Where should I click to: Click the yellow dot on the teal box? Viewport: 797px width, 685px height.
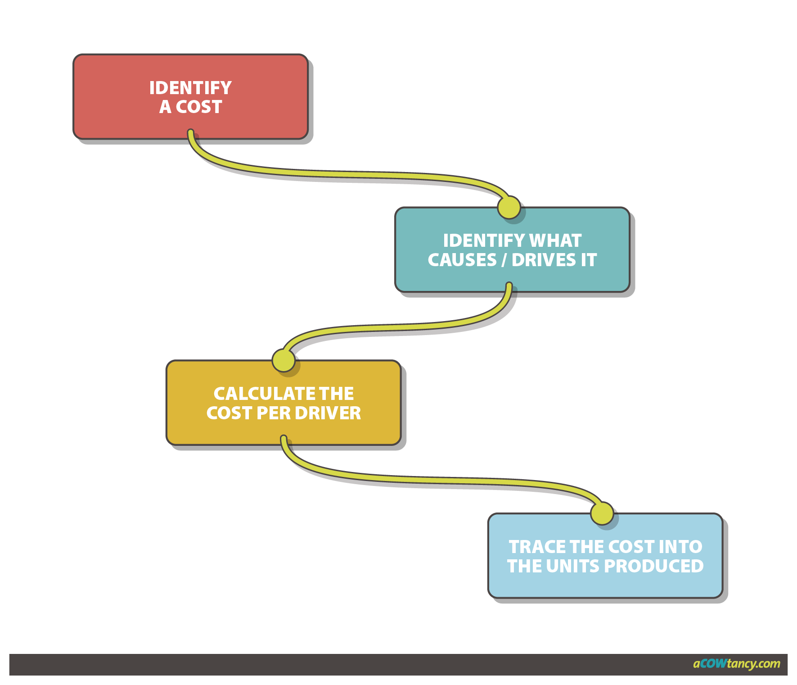(x=509, y=208)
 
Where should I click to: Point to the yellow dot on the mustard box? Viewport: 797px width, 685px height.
(x=284, y=361)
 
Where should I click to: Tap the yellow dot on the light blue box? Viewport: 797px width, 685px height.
(x=602, y=513)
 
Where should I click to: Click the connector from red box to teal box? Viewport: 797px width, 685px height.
(x=351, y=174)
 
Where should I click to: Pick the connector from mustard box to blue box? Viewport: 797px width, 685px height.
(x=441, y=480)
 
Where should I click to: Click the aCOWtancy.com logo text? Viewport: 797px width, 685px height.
(x=737, y=663)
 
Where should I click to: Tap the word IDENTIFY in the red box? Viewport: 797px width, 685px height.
(x=190, y=88)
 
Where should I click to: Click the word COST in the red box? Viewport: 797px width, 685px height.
(x=199, y=107)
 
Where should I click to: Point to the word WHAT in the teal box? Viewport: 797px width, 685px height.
(x=555, y=240)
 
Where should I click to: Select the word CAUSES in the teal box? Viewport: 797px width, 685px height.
(x=462, y=260)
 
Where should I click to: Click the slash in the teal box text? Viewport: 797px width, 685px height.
(x=504, y=260)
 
